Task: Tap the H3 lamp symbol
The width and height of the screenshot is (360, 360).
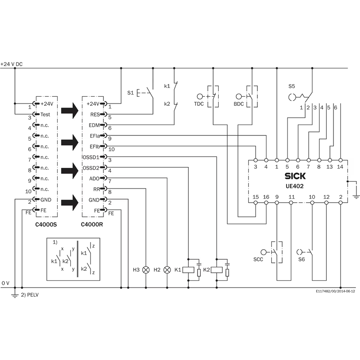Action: point(146,270)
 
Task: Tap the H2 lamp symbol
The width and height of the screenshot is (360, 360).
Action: point(167,270)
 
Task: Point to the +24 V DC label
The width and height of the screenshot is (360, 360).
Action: point(12,64)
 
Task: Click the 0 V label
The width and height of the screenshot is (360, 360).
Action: point(5,283)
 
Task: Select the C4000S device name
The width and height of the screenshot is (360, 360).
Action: point(46,224)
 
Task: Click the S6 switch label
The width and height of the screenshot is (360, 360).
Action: point(301,259)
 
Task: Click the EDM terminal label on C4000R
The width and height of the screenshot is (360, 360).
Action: point(94,125)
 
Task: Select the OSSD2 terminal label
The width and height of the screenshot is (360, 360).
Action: point(91,168)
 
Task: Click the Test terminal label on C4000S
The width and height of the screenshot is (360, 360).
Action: point(45,114)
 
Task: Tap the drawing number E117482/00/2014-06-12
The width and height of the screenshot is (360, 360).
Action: point(335,292)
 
